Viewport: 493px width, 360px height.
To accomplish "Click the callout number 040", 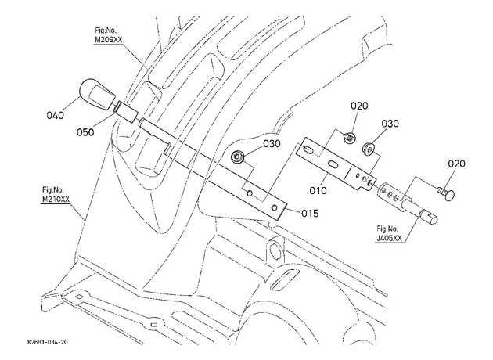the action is (x=55, y=115).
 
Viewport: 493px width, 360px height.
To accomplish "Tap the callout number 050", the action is (x=85, y=132).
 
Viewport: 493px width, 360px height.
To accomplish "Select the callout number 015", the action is (x=310, y=214).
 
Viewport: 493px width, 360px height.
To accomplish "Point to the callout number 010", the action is (x=318, y=190).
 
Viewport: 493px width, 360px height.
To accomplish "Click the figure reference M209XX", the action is (x=109, y=40).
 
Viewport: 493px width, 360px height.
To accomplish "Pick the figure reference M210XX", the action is (x=56, y=200).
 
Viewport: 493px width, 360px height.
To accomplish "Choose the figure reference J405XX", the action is (x=389, y=238).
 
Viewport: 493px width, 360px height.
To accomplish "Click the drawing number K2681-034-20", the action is (x=47, y=342).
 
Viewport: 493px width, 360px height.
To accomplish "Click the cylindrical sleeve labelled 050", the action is (x=126, y=112).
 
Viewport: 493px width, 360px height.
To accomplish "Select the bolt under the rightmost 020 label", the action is (x=446, y=193).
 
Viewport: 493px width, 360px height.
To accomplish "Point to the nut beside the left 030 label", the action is (x=237, y=157).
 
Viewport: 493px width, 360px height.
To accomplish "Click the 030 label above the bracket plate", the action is (x=390, y=124).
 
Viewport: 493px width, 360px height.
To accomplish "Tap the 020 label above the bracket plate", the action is (x=359, y=106).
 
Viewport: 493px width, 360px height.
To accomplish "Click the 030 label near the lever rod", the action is (x=272, y=144).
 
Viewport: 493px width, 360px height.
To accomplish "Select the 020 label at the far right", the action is (x=456, y=164).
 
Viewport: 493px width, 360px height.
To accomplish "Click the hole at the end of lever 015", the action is (x=275, y=207).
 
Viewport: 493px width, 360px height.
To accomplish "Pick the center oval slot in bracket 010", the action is (x=333, y=164).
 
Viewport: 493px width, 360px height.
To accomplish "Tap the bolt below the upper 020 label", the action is (x=349, y=137).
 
